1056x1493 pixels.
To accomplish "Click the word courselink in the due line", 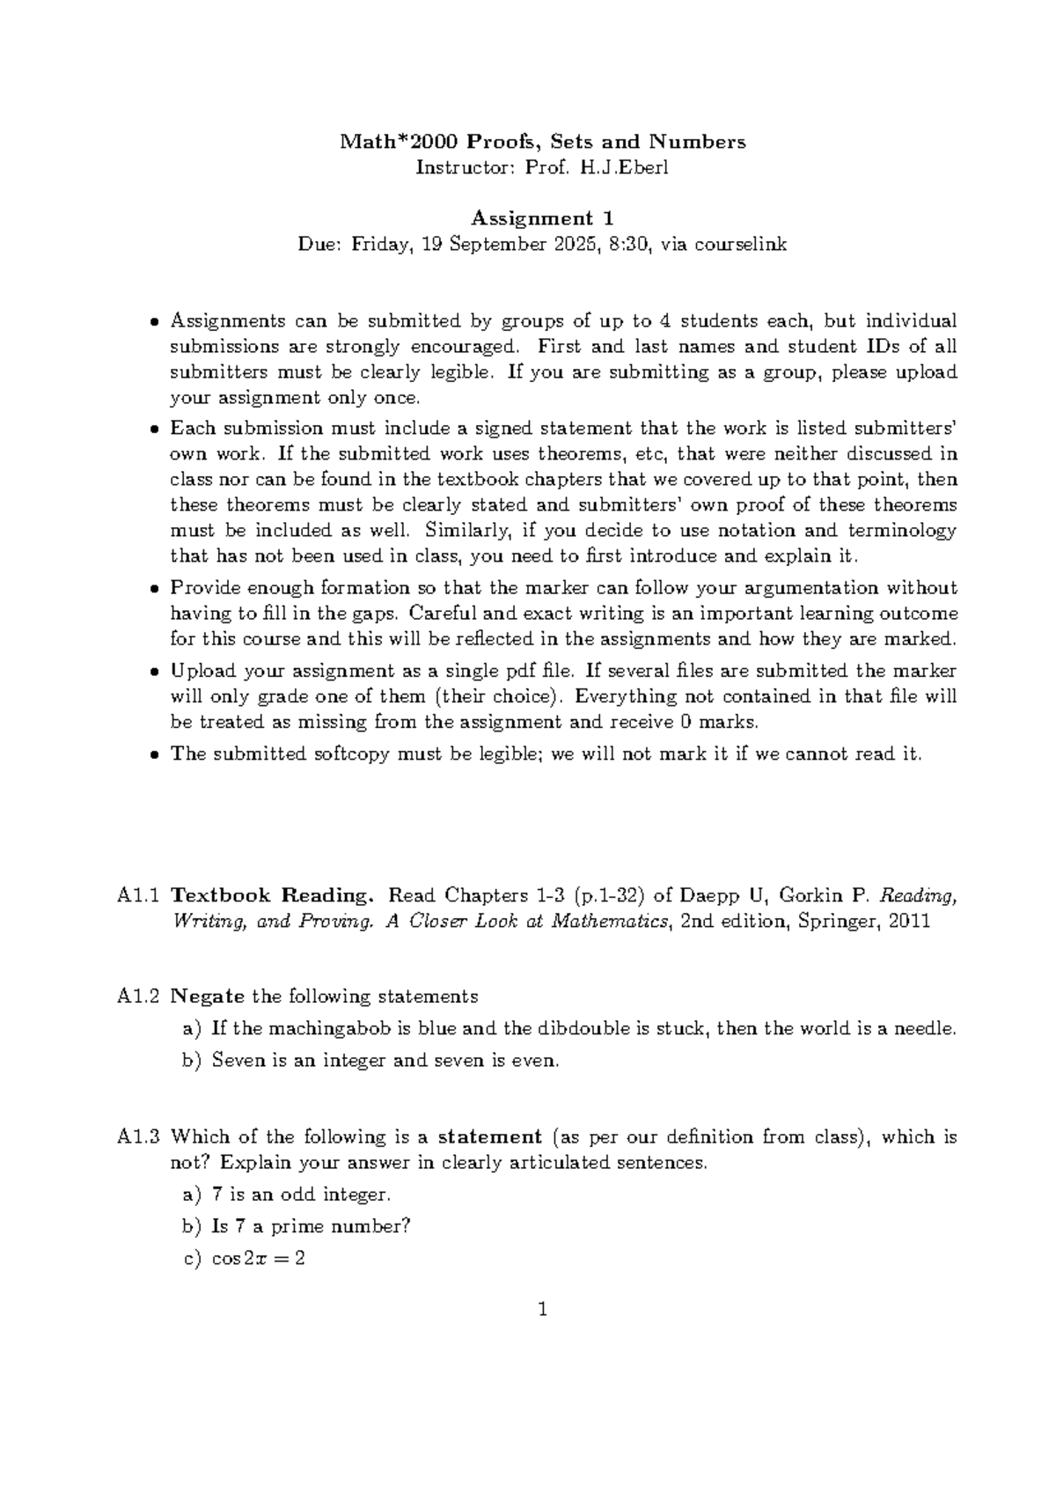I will [x=741, y=244].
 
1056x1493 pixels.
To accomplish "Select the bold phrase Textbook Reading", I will [x=273, y=896].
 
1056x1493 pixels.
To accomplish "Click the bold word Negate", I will [x=207, y=997].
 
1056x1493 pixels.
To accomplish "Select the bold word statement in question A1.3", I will [x=490, y=1136].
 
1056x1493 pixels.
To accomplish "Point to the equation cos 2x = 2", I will [x=258, y=1258].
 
